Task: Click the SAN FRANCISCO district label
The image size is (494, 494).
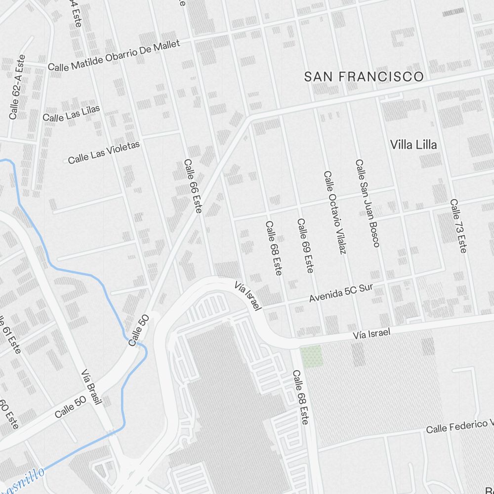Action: [x=364, y=77]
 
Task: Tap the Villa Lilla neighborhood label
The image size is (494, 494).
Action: [x=413, y=145]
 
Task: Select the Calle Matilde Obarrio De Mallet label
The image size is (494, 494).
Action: [x=114, y=55]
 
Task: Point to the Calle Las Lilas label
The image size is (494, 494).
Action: [x=71, y=114]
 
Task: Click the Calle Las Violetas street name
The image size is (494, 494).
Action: [x=104, y=152]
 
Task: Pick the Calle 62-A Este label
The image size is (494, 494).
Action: [x=17, y=87]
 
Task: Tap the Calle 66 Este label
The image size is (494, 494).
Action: [x=193, y=186]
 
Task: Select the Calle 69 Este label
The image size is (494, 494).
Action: [x=305, y=246]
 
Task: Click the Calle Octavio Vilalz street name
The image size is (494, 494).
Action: [x=334, y=212]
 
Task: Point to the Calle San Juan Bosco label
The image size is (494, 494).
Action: [x=368, y=203]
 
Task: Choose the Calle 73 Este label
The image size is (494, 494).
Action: [x=458, y=226]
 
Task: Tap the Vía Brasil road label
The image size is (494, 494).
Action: [x=91, y=387]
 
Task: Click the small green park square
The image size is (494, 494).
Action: [x=311, y=356]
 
